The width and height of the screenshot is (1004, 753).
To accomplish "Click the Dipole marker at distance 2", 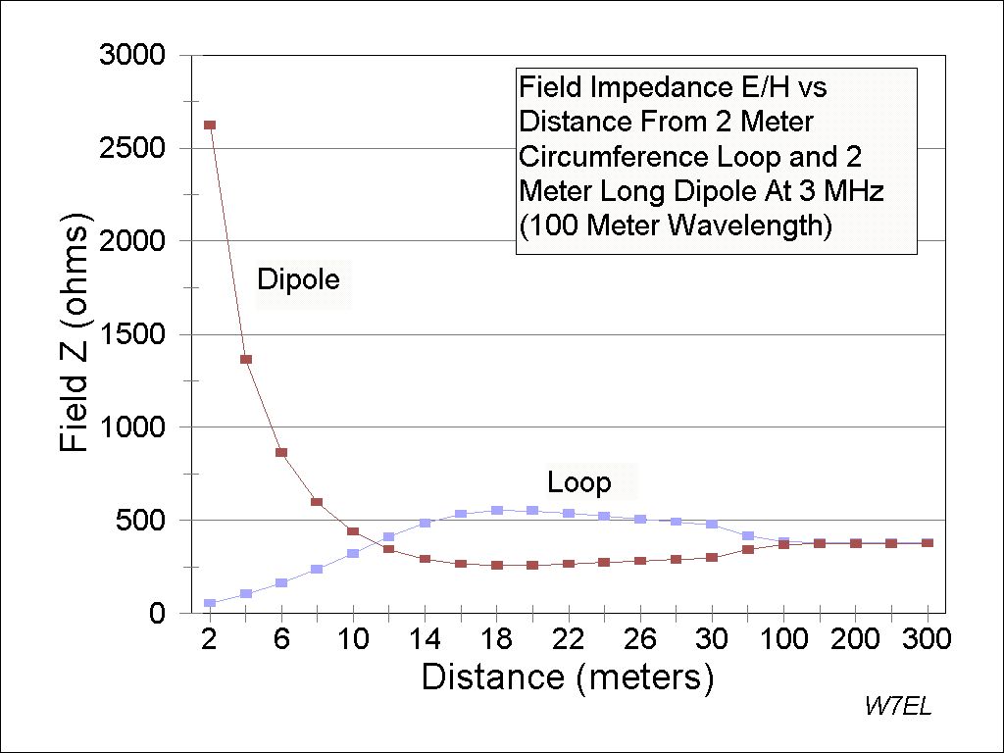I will [210, 125].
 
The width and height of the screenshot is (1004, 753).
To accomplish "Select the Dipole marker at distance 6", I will [281, 452].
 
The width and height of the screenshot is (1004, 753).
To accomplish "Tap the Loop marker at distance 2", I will [210, 603].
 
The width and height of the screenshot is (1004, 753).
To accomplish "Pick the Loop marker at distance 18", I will [497, 510].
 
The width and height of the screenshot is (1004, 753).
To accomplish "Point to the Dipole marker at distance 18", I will [497, 565].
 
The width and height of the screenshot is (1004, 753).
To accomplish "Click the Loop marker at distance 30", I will [712, 525].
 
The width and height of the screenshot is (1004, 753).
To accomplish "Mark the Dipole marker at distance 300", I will [927, 543].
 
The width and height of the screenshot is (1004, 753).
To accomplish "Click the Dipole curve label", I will [298, 280].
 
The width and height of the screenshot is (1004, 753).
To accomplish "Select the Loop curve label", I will [578, 482].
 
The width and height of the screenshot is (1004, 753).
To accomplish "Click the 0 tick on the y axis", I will [157, 614].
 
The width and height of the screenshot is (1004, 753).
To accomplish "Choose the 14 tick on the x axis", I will [425, 639].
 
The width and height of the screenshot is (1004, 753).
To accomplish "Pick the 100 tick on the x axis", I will [783, 639].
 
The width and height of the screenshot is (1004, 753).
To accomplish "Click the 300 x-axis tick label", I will [927, 639].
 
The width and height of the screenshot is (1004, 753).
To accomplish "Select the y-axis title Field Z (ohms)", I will [75, 334].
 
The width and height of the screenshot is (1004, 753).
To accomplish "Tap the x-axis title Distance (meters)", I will [568, 678].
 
